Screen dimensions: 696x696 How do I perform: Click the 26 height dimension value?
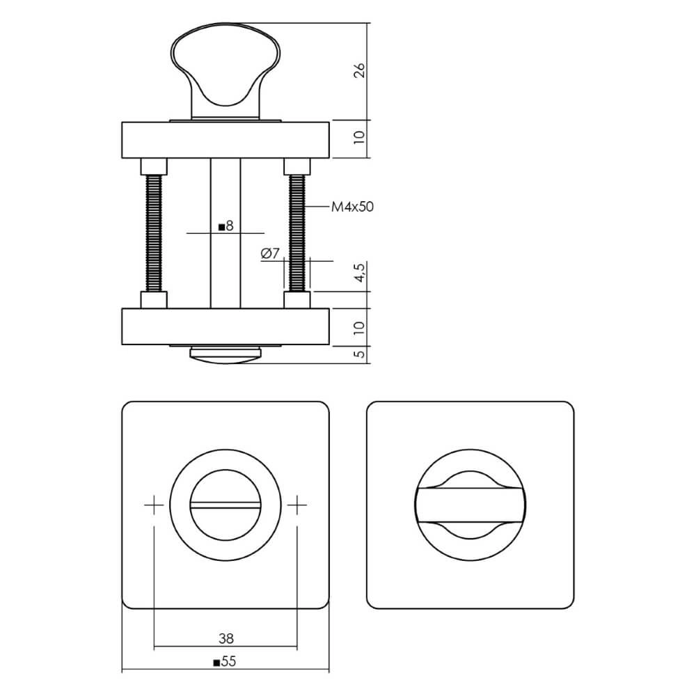(359, 71)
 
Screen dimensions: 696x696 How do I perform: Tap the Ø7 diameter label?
(270, 255)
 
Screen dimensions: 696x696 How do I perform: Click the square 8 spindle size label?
(226, 226)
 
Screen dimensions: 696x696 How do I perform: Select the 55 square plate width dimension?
(225, 663)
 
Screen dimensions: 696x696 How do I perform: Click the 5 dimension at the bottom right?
(359, 354)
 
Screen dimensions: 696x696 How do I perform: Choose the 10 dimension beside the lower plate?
(359, 327)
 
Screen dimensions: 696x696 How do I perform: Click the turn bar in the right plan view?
(470, 505)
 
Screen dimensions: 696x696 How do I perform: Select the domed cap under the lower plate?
(225, 353)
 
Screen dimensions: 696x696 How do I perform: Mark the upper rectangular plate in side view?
(225, 140)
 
